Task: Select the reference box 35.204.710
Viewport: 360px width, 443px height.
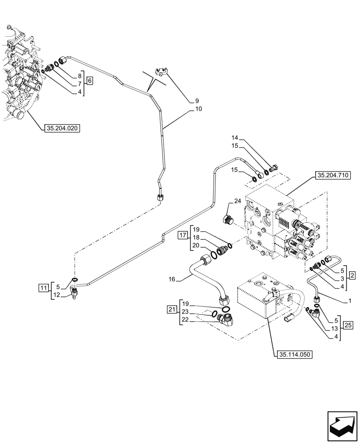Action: tap(333, 176)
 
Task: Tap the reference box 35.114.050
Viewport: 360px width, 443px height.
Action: tap(293, 355)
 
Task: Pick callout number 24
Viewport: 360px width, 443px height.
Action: tap(238, 201)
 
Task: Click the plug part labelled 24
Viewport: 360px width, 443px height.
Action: tap(228, 219)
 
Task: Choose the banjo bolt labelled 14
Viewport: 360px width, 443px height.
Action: tap(275, 167)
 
